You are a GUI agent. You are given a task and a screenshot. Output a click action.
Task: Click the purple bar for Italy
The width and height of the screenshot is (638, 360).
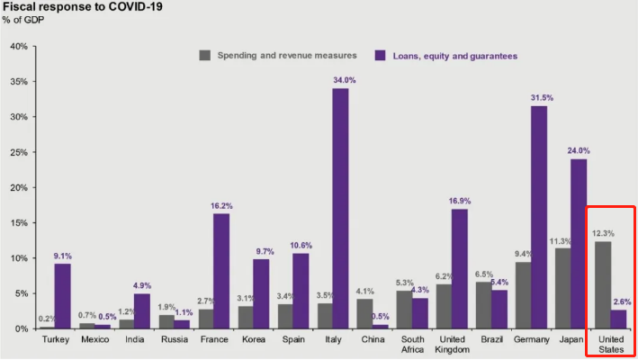340,208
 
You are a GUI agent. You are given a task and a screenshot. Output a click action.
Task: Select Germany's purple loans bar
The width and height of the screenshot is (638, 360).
539,217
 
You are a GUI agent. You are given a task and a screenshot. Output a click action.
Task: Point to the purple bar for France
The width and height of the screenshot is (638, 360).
220,270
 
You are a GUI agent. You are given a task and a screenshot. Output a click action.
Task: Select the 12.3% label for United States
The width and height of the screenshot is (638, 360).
603,233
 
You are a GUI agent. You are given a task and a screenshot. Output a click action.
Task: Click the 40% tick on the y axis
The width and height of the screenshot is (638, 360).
18,46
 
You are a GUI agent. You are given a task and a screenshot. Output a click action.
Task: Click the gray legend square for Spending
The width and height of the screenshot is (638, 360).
204,56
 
